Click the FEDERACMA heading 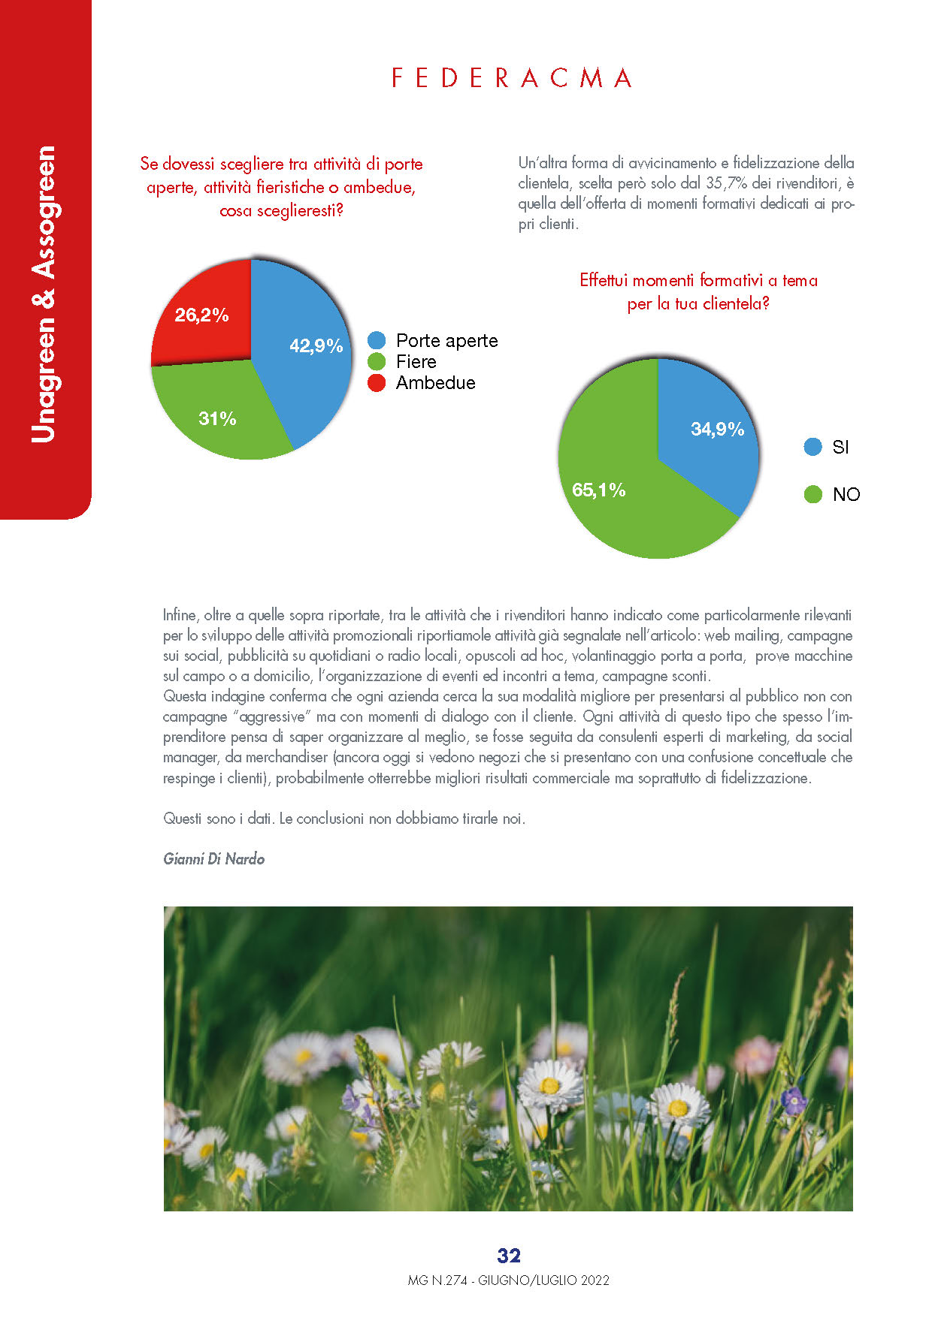tap(511, 78)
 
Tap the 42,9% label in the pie tap(316, 345)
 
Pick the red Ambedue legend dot tap(377, 383)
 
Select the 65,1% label tap(598, 490)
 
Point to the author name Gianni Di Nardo tap(214, 859)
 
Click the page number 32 tap(509, 1256)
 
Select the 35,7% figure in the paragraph tap(726, 183)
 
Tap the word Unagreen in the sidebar tap(44, 380)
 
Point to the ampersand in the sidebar tap(44, 298)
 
